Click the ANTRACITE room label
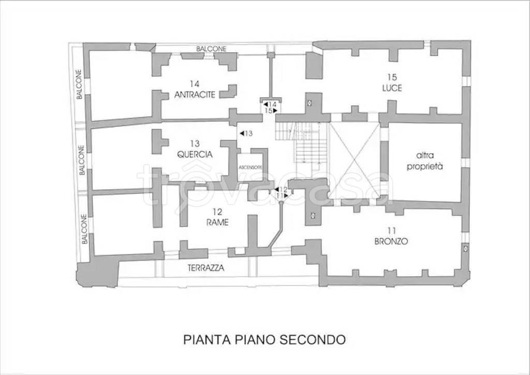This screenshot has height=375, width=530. (x=194, y=94)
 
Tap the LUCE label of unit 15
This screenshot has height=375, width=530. (x=391, y=88)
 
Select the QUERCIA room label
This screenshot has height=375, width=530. (x=194, y=154)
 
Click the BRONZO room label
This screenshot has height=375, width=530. (x=391, y=241)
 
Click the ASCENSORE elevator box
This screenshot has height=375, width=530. (x=251, y=167)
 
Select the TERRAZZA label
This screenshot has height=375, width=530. (x=206, y=268)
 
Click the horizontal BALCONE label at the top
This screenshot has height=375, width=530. (x=211, y=49)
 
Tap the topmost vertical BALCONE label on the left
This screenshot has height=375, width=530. (x=79, y=84)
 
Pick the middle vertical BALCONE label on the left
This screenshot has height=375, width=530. (x=82, y=160)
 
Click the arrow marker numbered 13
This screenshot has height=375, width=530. (x=246, y=134)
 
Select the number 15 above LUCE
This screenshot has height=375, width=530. (x=391, y=78)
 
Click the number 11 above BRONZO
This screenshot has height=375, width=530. (x=391, y=231)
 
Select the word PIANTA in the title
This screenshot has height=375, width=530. (x=204, y=340)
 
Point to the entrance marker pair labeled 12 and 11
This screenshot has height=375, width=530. (x=281, y=193)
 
